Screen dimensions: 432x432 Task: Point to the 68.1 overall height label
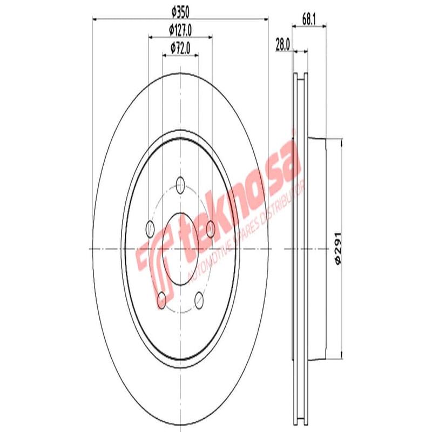tap(308, 20)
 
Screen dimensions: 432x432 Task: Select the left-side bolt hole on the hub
tap(150, 230)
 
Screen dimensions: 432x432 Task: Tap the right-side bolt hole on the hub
tap(211, 229)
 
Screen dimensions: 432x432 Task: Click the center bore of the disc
tap(180, 248)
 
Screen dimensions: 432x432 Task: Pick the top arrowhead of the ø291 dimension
tap(341, 142)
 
